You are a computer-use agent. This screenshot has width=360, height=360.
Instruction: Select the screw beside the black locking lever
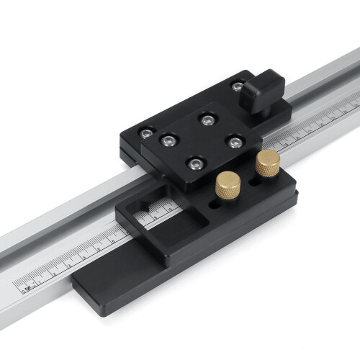237,86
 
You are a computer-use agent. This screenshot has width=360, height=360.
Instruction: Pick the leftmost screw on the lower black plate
147,133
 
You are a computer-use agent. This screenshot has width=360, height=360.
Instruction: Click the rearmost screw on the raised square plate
208,120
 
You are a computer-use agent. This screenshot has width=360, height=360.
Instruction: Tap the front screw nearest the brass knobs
194,164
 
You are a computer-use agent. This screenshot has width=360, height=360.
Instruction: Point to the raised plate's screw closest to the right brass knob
234,142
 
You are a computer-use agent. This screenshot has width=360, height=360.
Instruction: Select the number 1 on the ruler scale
41,274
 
